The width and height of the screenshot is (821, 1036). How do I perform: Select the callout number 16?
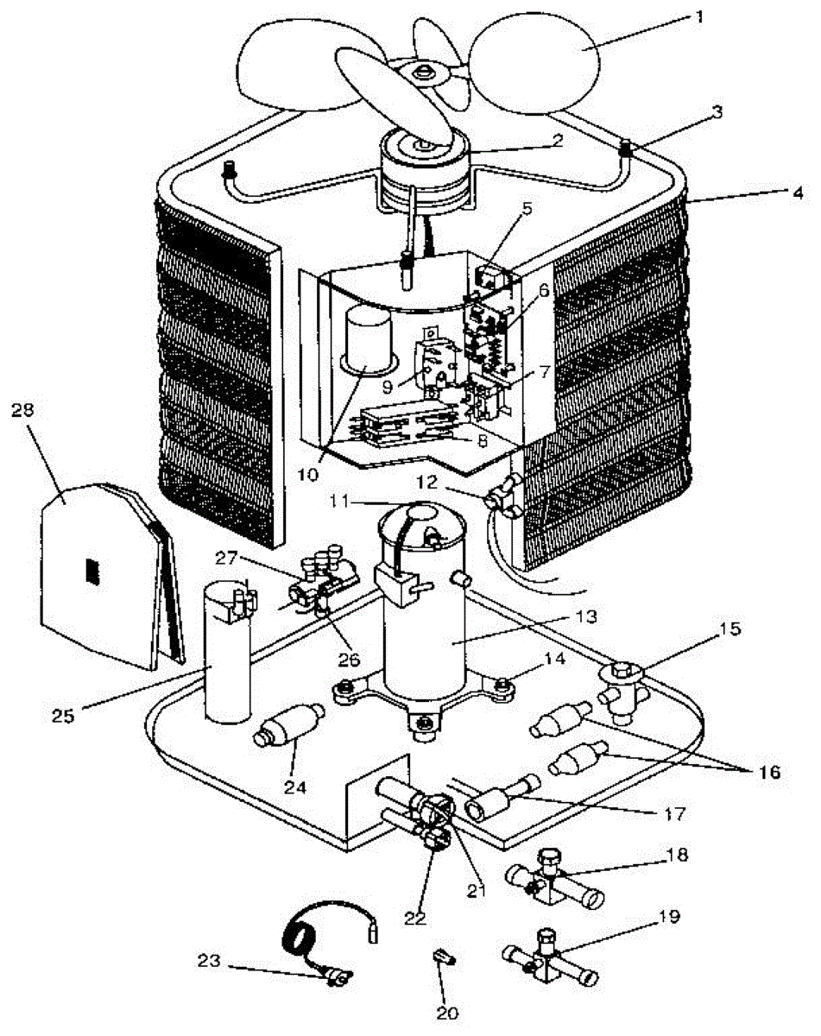tap(767, 771)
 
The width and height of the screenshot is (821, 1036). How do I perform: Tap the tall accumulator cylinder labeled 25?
tap(226, 652)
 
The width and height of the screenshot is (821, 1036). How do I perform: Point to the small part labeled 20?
tap(443, 957)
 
